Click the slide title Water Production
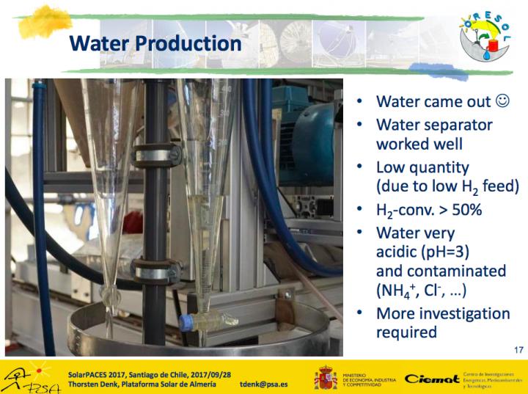pyautogui.click(x=155, y=43)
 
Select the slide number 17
pyautogui.click(x=518, y=350)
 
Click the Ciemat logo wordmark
pyautogui.click(x=432, y=378)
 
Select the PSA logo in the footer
pyautogui.click(x=22, y=377)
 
